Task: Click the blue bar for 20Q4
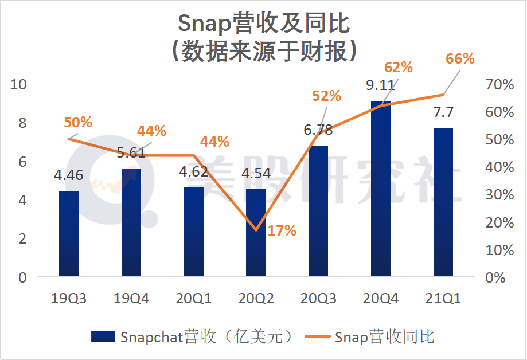click(381, 189)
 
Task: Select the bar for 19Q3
click(69, 234)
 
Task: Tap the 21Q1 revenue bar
click(443, 203)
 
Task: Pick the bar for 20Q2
click(256, 233)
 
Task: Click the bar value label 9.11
click(380, 86)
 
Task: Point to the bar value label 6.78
click(318, 130)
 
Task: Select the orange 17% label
click(282, 231)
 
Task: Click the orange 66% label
click(460, 59)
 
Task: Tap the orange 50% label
click(78, 122)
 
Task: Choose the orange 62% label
click(399, 68)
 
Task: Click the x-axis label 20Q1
click(193, 299)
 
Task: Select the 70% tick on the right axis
click(499, 85)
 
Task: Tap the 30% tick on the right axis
click(499, 195)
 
